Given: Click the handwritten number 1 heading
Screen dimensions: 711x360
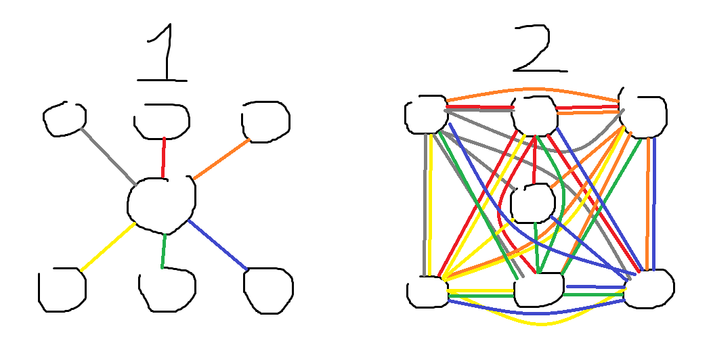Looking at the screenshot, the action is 167,52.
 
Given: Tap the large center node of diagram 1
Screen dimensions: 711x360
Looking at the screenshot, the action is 162,205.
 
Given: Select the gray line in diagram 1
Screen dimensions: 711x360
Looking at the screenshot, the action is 108,157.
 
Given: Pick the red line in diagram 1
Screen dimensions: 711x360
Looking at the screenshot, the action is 163,157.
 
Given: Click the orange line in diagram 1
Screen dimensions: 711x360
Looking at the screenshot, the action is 221,159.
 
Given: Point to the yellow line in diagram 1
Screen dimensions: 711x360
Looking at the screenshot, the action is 108,246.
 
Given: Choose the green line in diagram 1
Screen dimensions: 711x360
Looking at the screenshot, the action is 163,251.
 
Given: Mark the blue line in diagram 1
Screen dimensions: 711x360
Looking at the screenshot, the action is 217,244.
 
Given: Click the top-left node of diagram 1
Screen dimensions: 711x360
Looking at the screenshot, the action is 64,119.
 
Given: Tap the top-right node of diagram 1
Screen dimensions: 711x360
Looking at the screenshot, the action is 265,122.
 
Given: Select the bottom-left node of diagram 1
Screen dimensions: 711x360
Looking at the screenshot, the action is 62,290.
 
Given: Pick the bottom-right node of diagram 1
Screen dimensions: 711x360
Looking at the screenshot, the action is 268,290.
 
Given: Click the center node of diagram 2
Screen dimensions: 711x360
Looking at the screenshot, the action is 533,203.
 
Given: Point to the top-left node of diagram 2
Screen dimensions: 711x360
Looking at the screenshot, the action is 426,115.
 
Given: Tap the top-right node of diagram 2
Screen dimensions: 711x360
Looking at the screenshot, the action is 643,116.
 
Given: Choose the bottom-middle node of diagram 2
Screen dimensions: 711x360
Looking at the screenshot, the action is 539,289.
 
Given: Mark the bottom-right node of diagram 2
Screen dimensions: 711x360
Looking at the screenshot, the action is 649,289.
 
